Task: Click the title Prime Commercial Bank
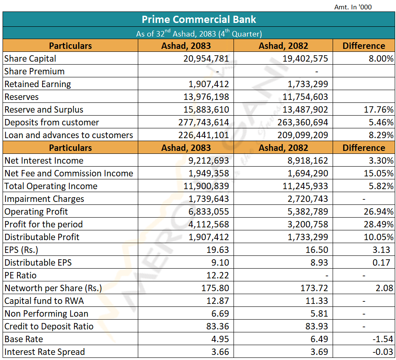[x=199, y=20]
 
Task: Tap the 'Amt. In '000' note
[x=353, y=7]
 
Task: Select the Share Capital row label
[x=30, y=59]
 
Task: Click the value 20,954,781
[x=206, y=59]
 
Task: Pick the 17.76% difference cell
[x=379, y=110]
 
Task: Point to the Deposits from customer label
[x=52, y=122]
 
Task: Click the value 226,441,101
[x=204, y=135]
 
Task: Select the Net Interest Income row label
[x=44, y=160]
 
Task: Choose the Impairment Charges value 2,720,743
[x=308, y=199]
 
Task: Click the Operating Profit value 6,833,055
[x=208, y=211]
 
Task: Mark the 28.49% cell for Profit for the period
[x=379, y=224]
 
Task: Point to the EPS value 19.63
[x=218, y=250]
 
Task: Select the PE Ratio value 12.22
[x=218, y=275]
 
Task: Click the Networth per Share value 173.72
[x=314, y=288]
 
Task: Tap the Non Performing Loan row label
[x=46, y=314]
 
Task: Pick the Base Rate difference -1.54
[x=383, y=339]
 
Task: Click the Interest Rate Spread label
[x=45, y=351]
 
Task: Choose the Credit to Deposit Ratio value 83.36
[x=218, y=326]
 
